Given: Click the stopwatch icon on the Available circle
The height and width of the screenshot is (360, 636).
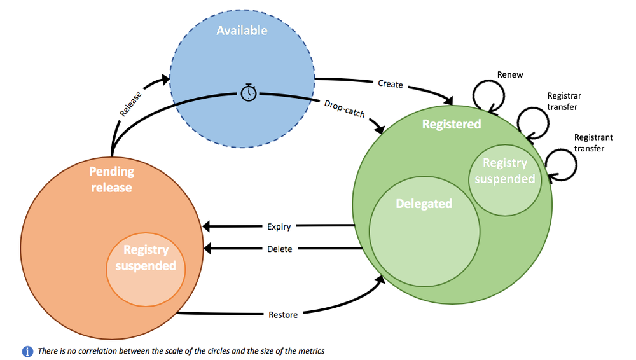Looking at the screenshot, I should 249,93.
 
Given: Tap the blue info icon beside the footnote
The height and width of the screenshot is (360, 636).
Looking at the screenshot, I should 27,350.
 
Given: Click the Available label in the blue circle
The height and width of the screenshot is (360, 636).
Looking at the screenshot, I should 242,31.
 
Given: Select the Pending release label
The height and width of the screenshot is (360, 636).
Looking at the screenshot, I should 111,179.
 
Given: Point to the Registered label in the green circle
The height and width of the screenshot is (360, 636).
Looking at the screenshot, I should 452,124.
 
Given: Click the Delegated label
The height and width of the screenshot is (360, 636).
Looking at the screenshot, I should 424,204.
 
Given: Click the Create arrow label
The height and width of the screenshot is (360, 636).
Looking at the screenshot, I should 391,84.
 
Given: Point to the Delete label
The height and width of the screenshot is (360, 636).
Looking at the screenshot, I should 280,249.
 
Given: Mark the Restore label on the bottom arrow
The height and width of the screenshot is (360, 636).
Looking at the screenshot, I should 282,314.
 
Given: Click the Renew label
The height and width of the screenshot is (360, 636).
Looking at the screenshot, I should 510,74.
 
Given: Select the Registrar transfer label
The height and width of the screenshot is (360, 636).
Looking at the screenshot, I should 563,101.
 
